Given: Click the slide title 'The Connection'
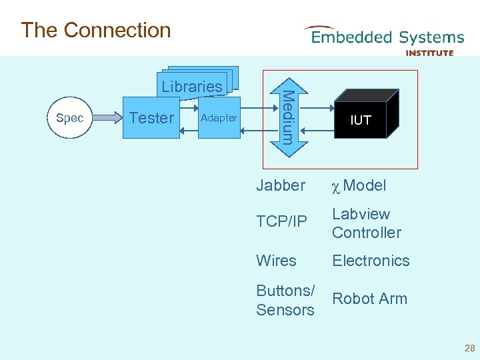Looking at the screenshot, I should click(96, 30).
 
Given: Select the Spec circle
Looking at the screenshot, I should click(70, 118).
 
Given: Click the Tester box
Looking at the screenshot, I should click(151, 118).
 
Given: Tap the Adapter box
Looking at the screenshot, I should click(219, 118).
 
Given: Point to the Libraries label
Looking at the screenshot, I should click(192, 86).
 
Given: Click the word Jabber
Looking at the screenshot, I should click(281, 185).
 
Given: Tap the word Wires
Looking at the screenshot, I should click(276, 261).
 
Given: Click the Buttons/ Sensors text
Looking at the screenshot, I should click(285, 300).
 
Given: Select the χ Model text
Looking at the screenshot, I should click(359, 185).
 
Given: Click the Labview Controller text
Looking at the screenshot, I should click(367, 223).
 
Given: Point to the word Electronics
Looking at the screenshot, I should click(371, 261).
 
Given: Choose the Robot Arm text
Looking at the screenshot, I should click(369, 299).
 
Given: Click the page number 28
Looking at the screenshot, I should click(469, 348).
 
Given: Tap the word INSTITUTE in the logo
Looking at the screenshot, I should click(429, 53).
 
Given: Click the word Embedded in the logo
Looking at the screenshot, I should click(351, 37).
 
